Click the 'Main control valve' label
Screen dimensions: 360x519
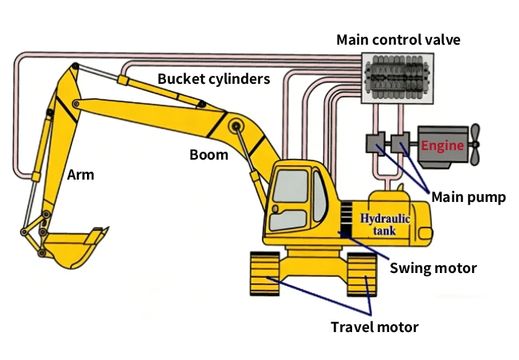pyautogui.click(x=398, y=39)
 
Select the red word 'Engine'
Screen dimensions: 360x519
pyautogui.click(x=442, y=146)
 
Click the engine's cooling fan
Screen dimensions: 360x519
pyautogui.click(x=475, y=144)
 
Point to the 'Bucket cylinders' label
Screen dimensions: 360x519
pyautogui.click(x=213, y=79)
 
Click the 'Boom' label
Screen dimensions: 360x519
pyautogui.click(x=208, y=155)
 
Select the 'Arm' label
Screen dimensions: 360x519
pyautogui.click(x=81, y=174)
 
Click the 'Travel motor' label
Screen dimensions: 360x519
pyautogui.click(x=374, y=326)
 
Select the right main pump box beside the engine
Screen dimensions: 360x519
pyautogui.click(x=400, y=144)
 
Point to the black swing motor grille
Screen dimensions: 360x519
pyautogui.click(x=347, y=220)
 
